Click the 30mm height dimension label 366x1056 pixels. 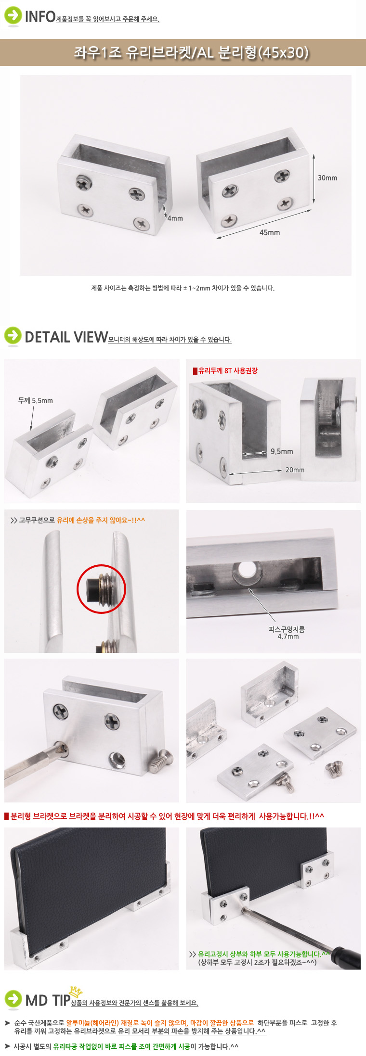click(327, 178)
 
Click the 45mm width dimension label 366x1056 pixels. click(269, 233)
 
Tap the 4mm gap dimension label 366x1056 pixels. click(175, 218)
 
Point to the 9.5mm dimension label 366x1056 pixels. click(281, 452)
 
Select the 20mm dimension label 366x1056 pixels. click(295, 470)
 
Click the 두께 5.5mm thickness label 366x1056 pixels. click(36, 401)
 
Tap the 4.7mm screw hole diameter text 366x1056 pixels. click(288, 636)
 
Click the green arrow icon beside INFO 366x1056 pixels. click(13, 15)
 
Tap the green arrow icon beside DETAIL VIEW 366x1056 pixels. click(13, 336)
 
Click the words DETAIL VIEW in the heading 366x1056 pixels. click(66, 337)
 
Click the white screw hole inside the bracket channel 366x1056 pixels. click(246, 571)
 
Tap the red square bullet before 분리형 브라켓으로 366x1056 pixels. click(6, 816)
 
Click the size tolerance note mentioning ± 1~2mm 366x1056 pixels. click(183, 288)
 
